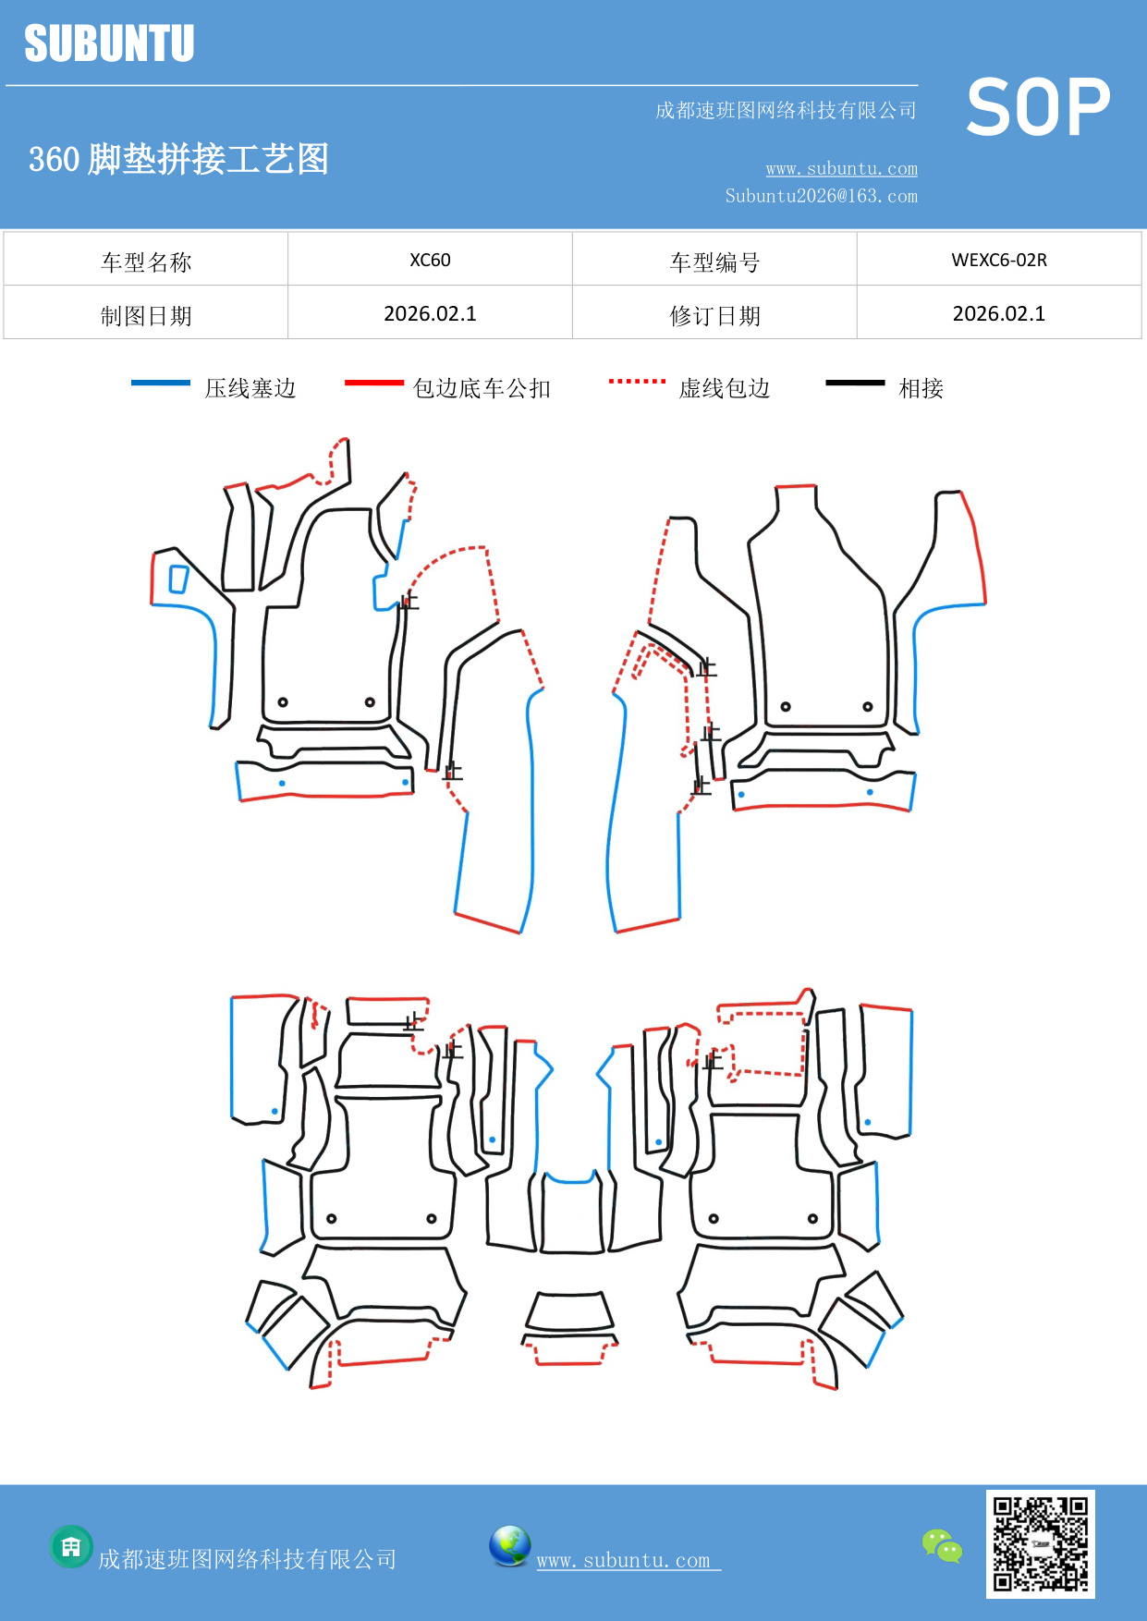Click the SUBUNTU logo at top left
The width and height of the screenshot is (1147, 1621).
(x=109, y=43)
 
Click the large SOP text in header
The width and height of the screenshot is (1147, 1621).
(x=1038, y=107)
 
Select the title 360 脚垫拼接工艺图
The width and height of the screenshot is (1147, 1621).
(x=178, y=159)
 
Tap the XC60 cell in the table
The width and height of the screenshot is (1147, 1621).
(x=430, y=260)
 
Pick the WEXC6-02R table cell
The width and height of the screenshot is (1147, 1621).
(x=999, y=260)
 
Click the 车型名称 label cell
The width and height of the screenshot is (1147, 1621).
(x=146, y=262)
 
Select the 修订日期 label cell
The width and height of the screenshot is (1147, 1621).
(x=714, y=316)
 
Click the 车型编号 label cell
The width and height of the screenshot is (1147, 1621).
(x=714, y=262)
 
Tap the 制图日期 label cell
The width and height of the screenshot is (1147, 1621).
(x=146, y=316)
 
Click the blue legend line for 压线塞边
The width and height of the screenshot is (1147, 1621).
(x=161, y=383)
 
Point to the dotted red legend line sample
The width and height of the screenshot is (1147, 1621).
(x=637, y=381)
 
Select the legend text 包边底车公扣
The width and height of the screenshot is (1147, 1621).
(x=482, y=388)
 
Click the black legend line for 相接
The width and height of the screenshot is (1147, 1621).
(x=855, y=383)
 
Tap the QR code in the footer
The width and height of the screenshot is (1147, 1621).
(x=1040, y=1543)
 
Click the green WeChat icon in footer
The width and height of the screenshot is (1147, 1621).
(x=942, y=1545)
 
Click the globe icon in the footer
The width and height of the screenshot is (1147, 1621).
(x=509, y=1545)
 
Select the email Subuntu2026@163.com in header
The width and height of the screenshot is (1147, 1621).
(x=821, y=196)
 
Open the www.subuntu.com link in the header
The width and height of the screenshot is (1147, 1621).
(x=841, y=168)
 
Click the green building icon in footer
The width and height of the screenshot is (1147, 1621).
(x=71, y=1546)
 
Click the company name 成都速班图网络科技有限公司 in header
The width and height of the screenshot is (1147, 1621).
(x=786, y=111)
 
